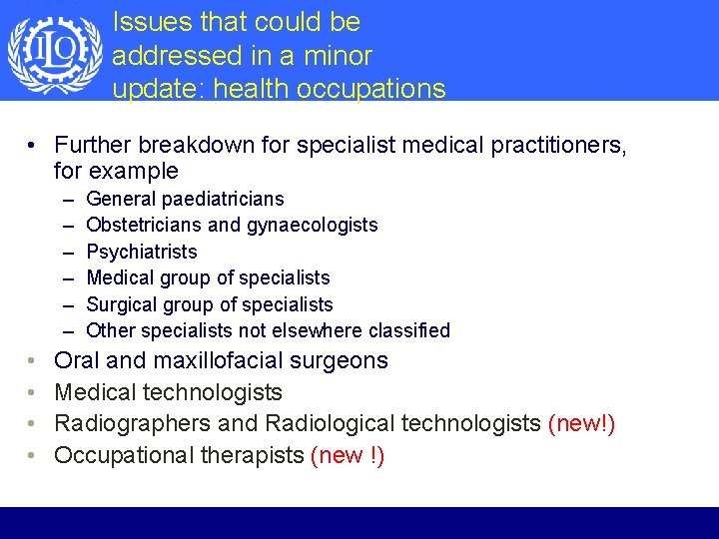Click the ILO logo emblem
click(54, 52)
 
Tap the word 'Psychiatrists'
click(142, 252)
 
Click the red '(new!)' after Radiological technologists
click(581, 424)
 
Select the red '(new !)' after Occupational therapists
click(348, 456)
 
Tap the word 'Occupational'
click(123, 456)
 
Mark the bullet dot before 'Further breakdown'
click(33, 146)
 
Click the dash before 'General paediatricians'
click(67, 200)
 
